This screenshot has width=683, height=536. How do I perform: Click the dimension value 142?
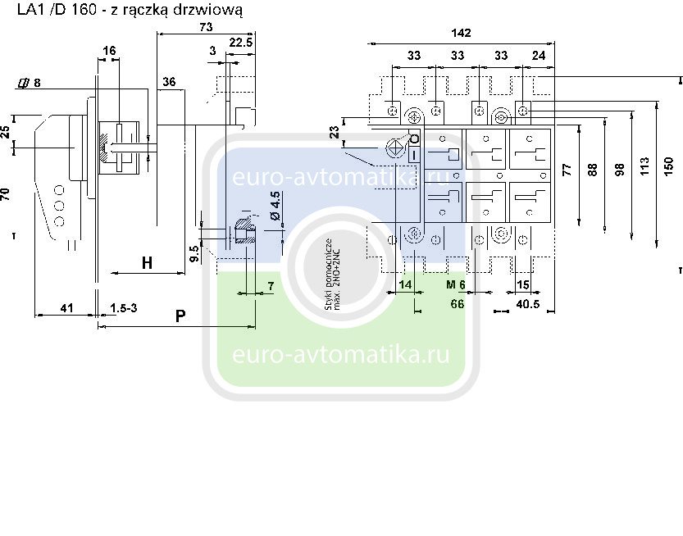click(462, 34)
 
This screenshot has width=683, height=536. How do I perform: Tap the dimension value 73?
click(206, 27)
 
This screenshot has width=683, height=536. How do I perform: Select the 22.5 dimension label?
click(240, 42)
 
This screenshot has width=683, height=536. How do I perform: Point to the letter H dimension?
click(147, 263)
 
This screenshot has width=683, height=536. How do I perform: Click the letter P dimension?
click(180, 316)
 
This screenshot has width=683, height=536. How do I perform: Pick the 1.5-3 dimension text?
click(123, 308)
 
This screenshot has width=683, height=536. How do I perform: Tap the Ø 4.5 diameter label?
click(275, 206)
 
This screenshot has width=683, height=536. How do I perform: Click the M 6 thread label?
click(456, 284)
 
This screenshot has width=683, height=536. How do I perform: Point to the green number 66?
click(458, 304)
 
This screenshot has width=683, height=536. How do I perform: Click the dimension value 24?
click(539, 56)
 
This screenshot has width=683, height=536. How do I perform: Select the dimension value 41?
click(67, 308)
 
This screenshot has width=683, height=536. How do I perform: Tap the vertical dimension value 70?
click(7, 194)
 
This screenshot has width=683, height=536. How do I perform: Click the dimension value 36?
click(169, 81)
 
